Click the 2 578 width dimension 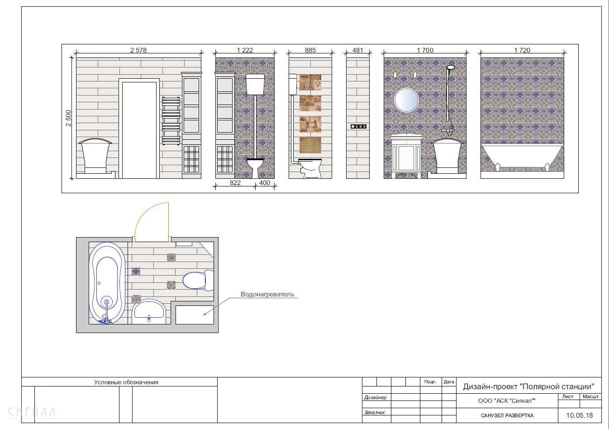point(138,50)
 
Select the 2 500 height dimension point(68,118)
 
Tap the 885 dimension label point(310,50)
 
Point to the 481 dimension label point(357,50)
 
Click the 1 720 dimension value point(522,50)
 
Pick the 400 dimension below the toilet point(265,183)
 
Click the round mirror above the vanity point(406,100)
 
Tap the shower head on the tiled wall point(451,67)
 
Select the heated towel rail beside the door point(171,121)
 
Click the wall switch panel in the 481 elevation point(358,126)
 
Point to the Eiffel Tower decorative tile point(310,82)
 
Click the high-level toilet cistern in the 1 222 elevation point(255,84)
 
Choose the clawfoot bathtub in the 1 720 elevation point(522,157)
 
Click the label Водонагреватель point(267,294)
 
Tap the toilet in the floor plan point(198,281)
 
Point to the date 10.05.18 point(580,415)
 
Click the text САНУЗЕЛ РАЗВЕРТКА point(507,415)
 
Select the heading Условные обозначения point(126,382)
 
